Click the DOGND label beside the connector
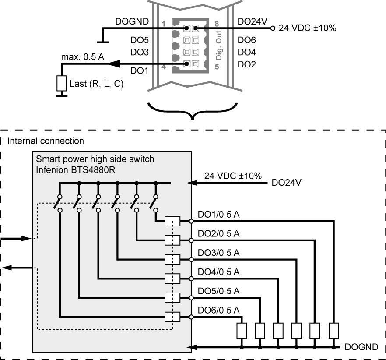[x=132, y=21]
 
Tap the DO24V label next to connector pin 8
[x=252, y=21]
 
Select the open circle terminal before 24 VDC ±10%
[x=273, y=28]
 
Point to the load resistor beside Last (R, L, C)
[x=62, y=84]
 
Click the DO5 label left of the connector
[x=139, y=40]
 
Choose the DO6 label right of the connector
[x=247, y=40]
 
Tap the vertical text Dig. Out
[x=219, y=45]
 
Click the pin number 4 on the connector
[x=164, y=67]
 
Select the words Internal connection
[x=46, y=141]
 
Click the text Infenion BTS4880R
[x=76, y=170]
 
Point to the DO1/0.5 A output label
[x=219, y=214]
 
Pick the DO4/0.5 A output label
[x=219, y=272]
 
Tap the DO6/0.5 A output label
[x=219, y=310]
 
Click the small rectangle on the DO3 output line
[x=172, y=259]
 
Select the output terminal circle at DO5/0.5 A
[x=191, y=298]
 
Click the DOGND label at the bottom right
[x=361, y=347]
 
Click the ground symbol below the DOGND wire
[x=103, y=42]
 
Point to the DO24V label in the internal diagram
[x=286, y=183]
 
